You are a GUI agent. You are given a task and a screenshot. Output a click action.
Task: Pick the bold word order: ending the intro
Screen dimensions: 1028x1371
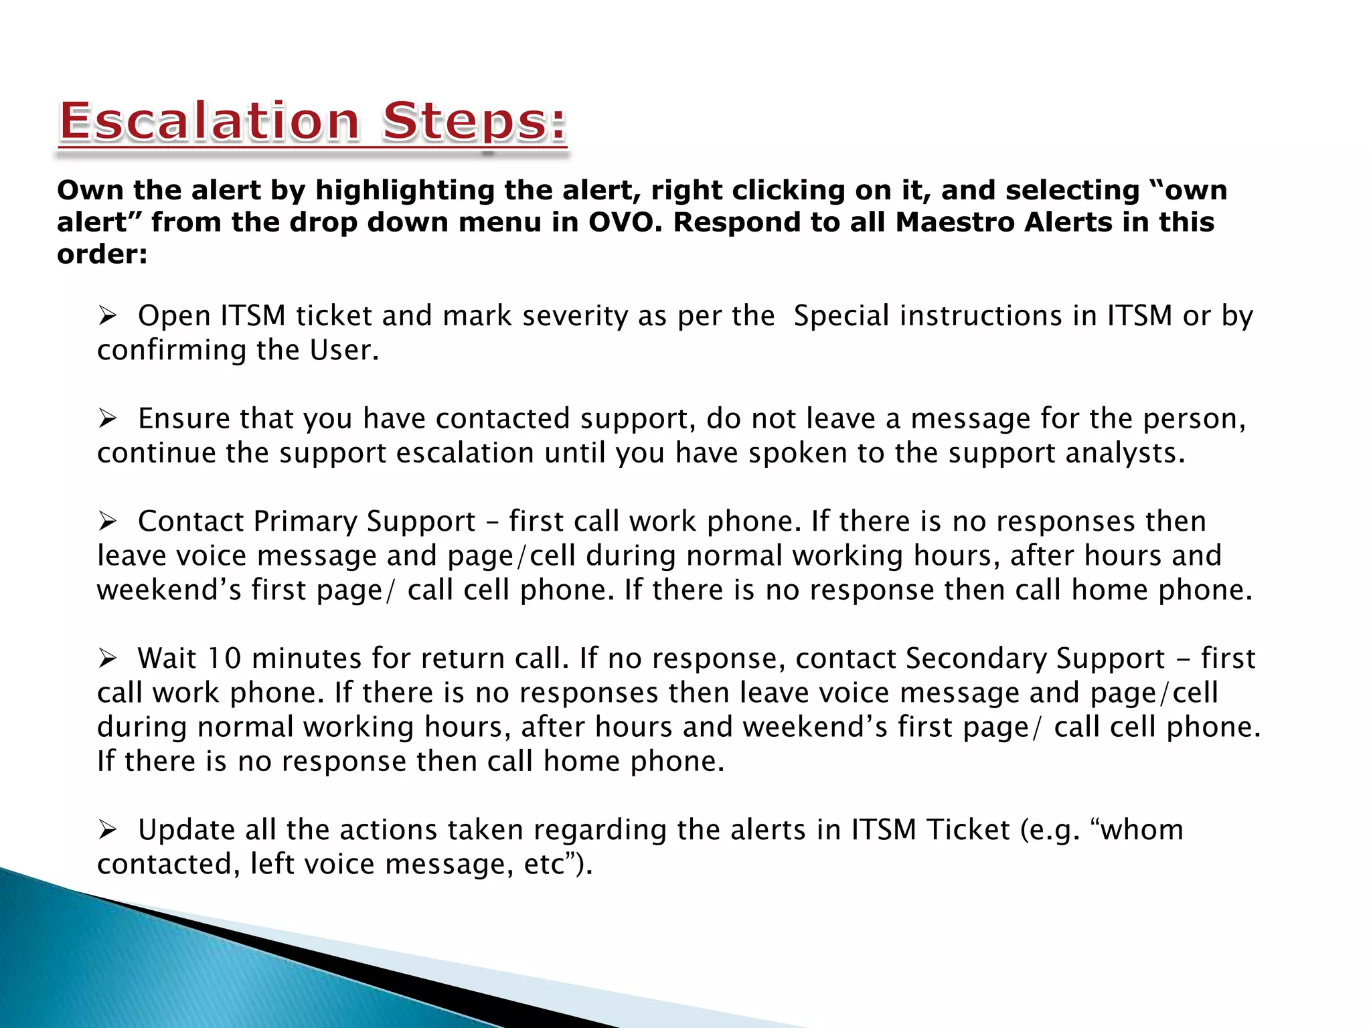[x=102, y=254]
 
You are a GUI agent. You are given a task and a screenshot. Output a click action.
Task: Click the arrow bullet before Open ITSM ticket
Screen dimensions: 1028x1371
[x=108, y=315]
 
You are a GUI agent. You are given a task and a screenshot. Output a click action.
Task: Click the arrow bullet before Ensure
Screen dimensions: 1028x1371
[x=108, y=418]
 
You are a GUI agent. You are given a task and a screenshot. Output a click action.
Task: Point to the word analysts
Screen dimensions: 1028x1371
[x=1125, y=453]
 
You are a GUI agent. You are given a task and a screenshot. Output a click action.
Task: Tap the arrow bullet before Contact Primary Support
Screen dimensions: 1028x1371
[x=108, y=521]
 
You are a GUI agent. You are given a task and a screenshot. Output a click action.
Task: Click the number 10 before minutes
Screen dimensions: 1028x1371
[x=224, y=659]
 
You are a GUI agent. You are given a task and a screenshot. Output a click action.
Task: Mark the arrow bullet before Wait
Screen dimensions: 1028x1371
[x=108, y=658]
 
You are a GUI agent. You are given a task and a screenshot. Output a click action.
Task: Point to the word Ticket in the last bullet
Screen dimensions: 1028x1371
[x=968, y=830]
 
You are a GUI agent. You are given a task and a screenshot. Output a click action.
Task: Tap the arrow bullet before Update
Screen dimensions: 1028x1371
[x=108, y=830]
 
